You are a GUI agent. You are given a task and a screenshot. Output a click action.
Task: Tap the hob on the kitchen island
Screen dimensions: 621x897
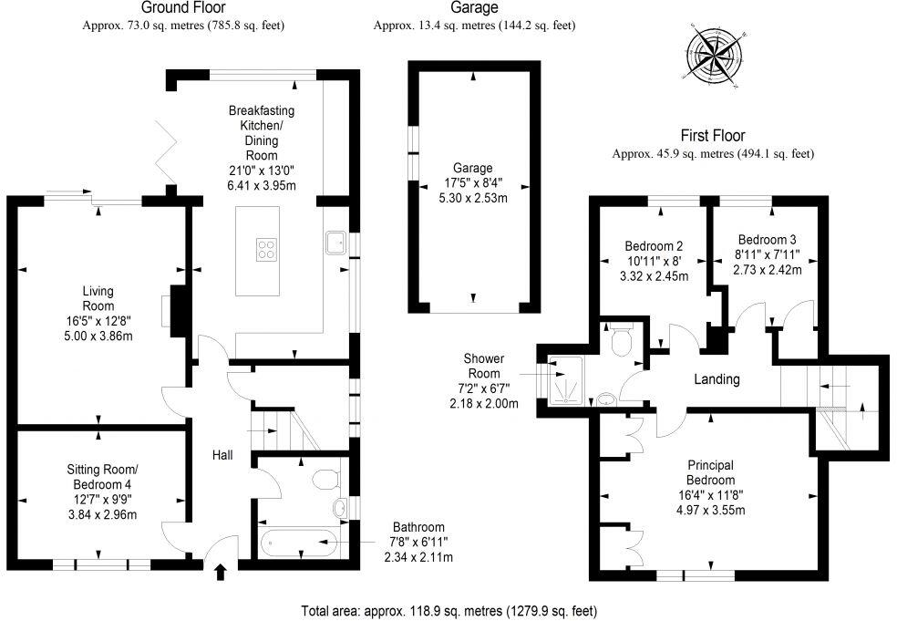pyautogui.click(x=268, y=249)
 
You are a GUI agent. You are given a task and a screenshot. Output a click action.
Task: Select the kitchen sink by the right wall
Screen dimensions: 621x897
pyautogui.click(x=335, y=243)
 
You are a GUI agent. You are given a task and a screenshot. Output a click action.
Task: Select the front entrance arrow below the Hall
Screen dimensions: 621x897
pyautogui.click(x=219, y=572)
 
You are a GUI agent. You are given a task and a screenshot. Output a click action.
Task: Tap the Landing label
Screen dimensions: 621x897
pyautogui.click(x=717, y=379)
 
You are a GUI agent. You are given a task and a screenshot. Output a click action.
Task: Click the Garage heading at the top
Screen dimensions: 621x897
pyautogui.click(x=474, y=8)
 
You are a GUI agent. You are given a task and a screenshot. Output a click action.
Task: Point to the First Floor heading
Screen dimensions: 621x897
pyautogui.click(x=713, y=135)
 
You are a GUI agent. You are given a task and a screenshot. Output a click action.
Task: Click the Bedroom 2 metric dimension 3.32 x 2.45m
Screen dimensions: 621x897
pyautogui.click(x=654, y=275)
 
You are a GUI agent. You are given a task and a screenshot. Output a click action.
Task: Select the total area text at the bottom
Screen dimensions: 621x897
pyautogui.click(x=449, y=610)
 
